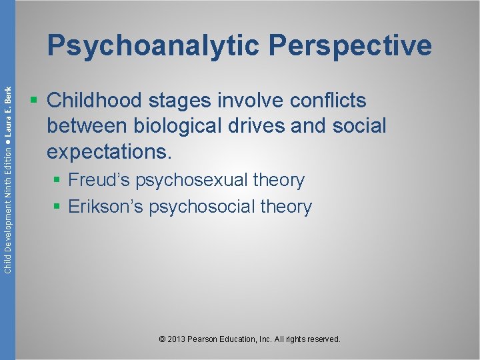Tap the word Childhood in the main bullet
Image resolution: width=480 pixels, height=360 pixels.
point(94,101)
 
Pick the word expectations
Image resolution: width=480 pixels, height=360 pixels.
point(109,151)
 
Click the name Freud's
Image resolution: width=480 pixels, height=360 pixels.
point(101,180)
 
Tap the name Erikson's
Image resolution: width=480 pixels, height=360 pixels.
point(107,207)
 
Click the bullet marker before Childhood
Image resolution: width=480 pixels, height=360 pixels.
point(34,101)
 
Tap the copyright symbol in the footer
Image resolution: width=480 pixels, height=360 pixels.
point(163,339)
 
